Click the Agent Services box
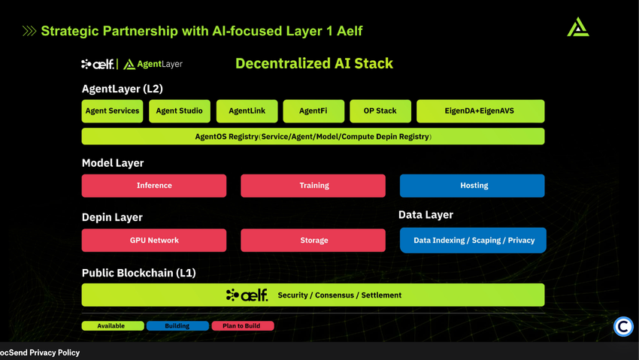click(112, 111)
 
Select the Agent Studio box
click(179, 111)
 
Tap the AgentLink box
click(247, 111)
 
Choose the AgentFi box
click(313, 111)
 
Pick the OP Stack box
click(380, 111)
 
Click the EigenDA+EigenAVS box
click(480, 111)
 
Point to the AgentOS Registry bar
click(313, 137)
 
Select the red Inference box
click(154, 186)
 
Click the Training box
click(313, 186)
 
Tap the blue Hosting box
click(472, 186)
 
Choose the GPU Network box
click(154, 241)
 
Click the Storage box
click(313, 241)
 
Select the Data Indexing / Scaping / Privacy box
click(473, 241)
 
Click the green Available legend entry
click(113, 326)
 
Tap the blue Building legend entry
click(177, 326)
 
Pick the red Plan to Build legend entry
click(242, 326)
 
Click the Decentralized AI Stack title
click(314, 64)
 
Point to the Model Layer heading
click(113, 163)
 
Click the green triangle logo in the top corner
click(577, 28)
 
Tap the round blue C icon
click(623, 327)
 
